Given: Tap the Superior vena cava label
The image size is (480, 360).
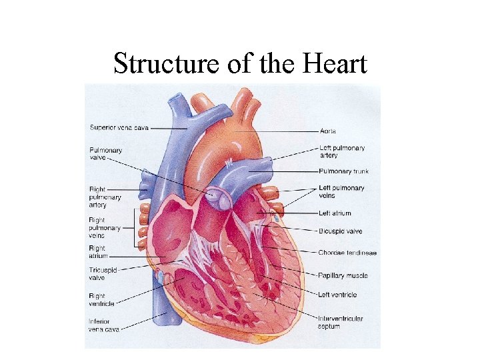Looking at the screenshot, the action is pyautogui.click(x=119, y=127).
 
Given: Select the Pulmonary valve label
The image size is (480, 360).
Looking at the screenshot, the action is pyautogui.click(x=105, y=154).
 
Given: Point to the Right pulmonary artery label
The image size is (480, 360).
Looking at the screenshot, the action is pyautogui.click(x=105, y=197).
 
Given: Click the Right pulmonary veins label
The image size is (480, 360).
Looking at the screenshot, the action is pyautogui.click(x=105, y=227).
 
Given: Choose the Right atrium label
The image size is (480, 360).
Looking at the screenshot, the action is pyautogui.click(x=99, y=253).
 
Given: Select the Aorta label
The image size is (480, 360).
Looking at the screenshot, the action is pyautogui.click(x=328, y=131).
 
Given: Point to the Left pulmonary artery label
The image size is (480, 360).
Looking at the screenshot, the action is pyautogui.click(x=341, y=151).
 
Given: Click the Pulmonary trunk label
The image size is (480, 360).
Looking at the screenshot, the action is pyautogui.click(x=343, y=171).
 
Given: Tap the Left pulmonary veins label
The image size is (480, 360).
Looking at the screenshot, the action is pyautogui.click(x=341, y=192).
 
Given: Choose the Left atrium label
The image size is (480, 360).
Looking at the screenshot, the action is pyautogui.click(x=335, y=213).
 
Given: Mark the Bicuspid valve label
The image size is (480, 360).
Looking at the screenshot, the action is pyautogui.click(x=340, y=231).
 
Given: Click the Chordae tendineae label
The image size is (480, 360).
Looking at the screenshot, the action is pyautogui.click(x=347, y=253).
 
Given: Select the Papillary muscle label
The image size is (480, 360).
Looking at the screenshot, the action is pyautogui.click(x=343, y=275).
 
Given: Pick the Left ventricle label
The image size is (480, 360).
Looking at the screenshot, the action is pyautogui.click(x=337, y=295).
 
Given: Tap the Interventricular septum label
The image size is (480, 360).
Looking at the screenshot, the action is pyautogui.click(x=340, y=323).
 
